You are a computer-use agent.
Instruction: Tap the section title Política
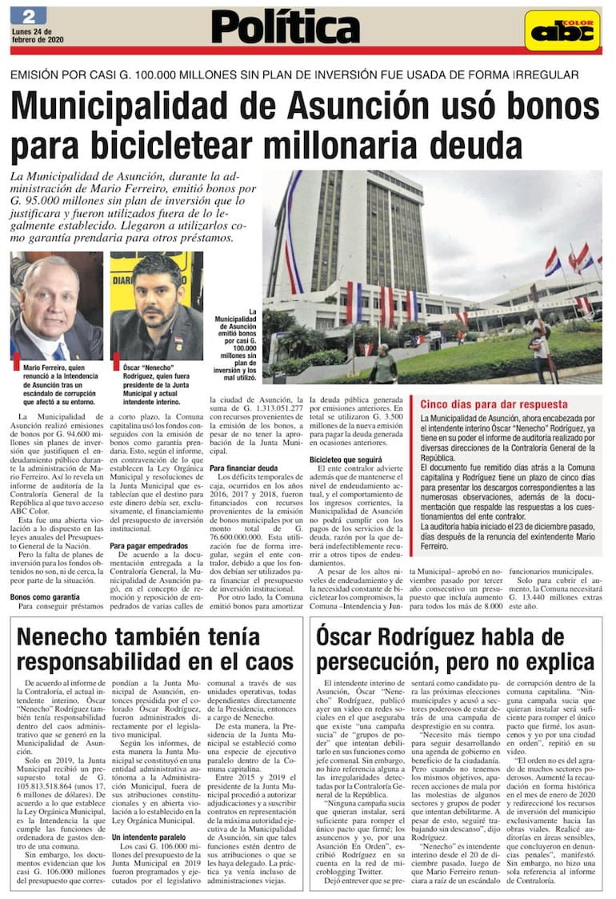[285, 29]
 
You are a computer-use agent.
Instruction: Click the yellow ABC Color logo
[562, 31]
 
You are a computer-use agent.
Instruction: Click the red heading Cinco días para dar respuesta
[494, 404]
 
